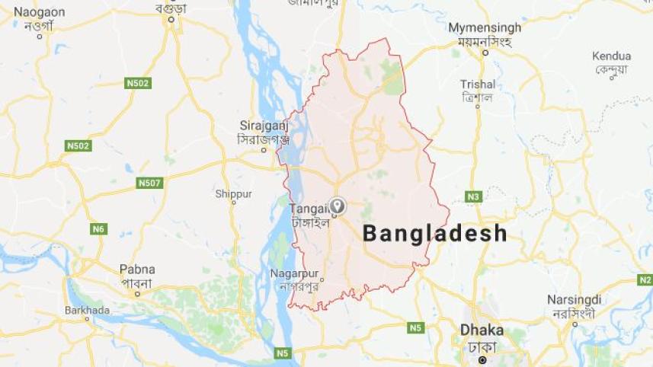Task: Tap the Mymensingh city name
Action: pyautogui.click(x=485, y=27)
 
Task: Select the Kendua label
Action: pyautogui.click(x=611, y=56)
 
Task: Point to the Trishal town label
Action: pyautogui.click(x=478, y=85)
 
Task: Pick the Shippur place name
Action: pyautogui.click(x=233, y=194)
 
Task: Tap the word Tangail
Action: pyautogui.click(x=309, y=207)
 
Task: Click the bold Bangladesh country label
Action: pyautogui.click(x=434, y=233)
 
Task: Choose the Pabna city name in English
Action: pyautogui.click(x=137, y=269)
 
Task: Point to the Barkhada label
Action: pyautogui.click(x=87, y=310)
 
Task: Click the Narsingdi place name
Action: pyautogui.click(x=574, y=299)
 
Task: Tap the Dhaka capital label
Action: pyautogui.click(x=482, y=330)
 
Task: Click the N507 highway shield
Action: pyautogui.click(x=149, y=183)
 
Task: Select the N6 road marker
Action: pyautogui.click(x=98, y=228)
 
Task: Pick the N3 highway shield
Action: pyautogui.click(x=474, y=196)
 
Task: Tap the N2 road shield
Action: pyautogui.click(x=645, y=279)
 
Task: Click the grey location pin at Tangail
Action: pyautogui.click(x=337, y=206)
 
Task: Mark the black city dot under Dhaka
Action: pyautogui.click(x=482, y=359)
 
